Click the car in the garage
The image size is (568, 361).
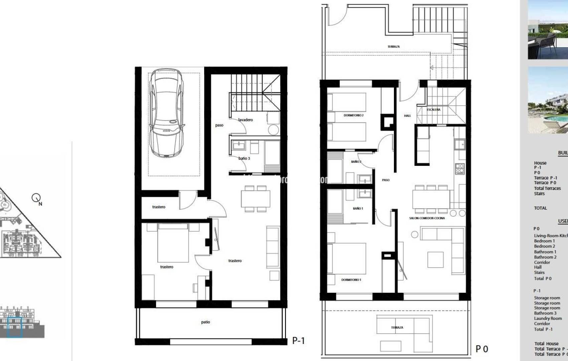[x=166, y=114]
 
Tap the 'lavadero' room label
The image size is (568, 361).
[x=246, y=120]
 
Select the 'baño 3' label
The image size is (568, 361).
[x=244, y=158]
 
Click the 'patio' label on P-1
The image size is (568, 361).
[x=205, y=322]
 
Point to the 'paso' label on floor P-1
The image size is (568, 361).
[x=219, y=125]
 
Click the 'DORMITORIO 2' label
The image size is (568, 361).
[x=353, y=115]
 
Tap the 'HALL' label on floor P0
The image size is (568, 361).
[x=407, y=116]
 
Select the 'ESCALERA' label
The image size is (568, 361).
[x=433, y=110]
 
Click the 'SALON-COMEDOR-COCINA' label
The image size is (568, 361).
[x=427, y=218]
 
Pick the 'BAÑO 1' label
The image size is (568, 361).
[x=358, y=209]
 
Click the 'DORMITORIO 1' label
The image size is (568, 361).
[x=351, y=280]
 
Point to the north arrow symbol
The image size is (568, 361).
[x=36, y=198]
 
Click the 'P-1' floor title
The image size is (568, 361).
[x=298, y=341]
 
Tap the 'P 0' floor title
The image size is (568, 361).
[x=482, y=349]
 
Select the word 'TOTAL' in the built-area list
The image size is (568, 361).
[x=540, y=208]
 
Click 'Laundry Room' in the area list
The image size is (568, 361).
[x=548, y=319]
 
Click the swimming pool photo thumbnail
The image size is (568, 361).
[x=548, y=100]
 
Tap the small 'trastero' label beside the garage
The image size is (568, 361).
[x=159, y=207]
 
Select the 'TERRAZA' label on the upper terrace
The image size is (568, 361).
[x=394, y=47]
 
